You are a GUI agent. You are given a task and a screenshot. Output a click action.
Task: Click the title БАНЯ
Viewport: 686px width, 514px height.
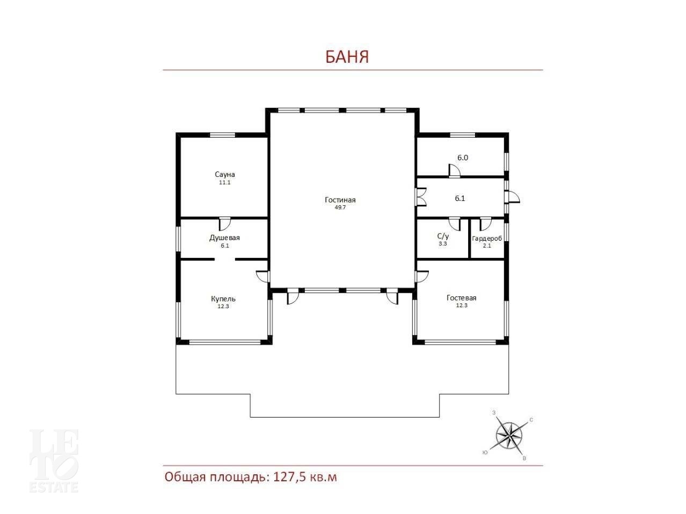click(347, 57)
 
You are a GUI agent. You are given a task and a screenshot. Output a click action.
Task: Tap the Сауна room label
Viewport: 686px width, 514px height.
click(224, 174)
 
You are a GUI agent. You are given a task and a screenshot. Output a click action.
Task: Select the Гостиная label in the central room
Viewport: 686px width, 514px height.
click(340, 200)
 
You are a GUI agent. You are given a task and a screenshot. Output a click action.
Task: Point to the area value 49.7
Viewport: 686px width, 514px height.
click(340, 207)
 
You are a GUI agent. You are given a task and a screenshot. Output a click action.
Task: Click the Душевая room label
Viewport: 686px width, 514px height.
click(224, 238)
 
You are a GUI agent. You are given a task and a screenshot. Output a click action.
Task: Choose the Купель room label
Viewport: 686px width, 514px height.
click(223, 299)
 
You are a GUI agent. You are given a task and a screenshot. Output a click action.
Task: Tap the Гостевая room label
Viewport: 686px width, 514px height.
click(461, 297)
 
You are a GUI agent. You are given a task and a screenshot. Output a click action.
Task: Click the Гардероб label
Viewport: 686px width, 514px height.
click(487, 239)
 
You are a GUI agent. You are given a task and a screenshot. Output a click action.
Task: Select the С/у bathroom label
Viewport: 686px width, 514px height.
click(443, 236)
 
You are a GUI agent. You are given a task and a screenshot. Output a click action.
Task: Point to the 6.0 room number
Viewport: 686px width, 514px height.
click(463, 158)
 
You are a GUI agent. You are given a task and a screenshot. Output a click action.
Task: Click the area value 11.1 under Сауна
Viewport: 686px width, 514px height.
click(224, 183)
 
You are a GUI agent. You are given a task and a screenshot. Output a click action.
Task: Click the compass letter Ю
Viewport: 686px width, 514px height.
click(485, 452)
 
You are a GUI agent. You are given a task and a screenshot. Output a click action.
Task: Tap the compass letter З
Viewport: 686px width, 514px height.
click(494, 413)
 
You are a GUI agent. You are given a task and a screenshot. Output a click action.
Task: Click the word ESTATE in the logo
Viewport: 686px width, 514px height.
click(54, 488)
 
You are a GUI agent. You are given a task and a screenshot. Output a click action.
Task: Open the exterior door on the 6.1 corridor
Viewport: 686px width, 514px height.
click(512, 198)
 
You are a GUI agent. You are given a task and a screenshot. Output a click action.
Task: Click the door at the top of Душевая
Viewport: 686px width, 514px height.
click(225, 224)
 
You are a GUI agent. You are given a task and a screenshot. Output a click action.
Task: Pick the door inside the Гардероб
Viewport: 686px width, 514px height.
click(485, 224)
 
